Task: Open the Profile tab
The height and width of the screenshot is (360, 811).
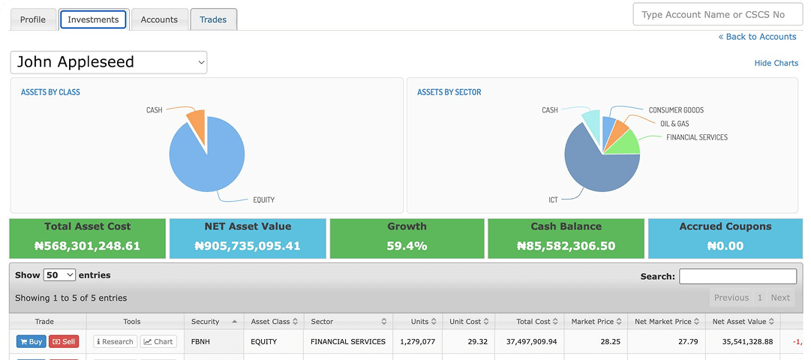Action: [x=32, y=19]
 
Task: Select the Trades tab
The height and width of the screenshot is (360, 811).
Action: [x=213, y=19]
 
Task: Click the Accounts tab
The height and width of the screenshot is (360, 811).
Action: [x=159, y=19]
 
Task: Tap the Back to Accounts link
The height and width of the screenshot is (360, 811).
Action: [x=757, y=37]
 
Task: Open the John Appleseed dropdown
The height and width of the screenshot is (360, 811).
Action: [x=109, y=62]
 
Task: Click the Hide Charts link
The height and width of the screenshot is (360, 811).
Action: [x=776, y=63]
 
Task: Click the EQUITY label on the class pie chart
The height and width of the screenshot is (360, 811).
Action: [x=263, y=199]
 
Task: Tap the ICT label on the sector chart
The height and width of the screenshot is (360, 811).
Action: [x=553, y=200]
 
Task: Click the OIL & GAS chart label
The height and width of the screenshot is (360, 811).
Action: [x=674, y=124]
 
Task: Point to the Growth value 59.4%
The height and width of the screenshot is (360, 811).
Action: [x=407, y=245]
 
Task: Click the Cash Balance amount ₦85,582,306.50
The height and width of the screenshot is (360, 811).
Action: [x=566, y=245]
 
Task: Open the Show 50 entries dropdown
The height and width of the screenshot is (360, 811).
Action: [x=59, y=275]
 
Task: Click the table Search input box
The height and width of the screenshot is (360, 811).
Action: [x=737, y=276]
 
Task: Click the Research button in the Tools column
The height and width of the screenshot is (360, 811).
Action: [x=115, y=341]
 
